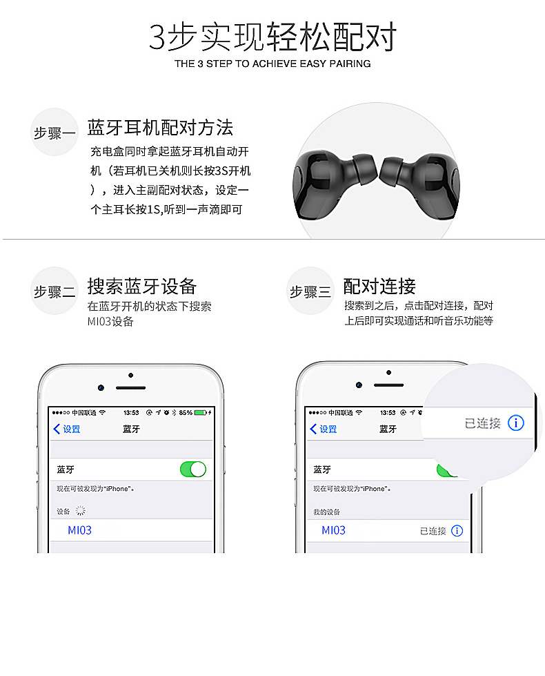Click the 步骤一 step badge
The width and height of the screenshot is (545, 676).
54,132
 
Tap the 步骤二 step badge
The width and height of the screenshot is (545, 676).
54,291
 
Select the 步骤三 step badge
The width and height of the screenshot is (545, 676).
310,291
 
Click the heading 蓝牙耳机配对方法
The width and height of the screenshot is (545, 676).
160,128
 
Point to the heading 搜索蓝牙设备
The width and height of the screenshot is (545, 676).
142,287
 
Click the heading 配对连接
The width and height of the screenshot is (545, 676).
379,287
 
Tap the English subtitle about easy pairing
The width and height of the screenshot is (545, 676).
272,64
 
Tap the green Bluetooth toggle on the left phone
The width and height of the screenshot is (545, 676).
193,469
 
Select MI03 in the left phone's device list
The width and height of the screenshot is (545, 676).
80,530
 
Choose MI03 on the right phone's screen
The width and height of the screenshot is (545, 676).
333,530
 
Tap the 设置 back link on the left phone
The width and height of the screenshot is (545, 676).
67,429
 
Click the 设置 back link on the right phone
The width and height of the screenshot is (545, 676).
324,429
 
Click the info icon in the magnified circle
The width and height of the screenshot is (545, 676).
516,423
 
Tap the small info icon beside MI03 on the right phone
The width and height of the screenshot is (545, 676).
457,531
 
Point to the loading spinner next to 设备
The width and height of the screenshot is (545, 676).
80,511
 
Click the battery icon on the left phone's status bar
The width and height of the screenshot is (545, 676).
201,413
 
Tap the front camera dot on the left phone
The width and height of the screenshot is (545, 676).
101,387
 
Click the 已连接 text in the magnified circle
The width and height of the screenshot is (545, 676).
482,423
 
